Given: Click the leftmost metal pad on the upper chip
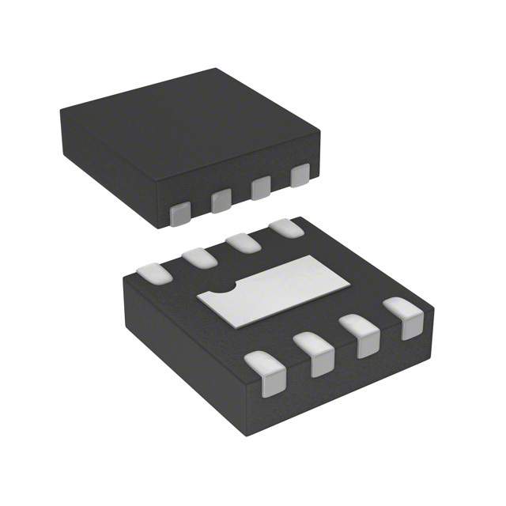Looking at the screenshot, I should click(x=182, y=211).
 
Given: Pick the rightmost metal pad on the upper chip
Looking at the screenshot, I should click(x=300, y=176).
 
